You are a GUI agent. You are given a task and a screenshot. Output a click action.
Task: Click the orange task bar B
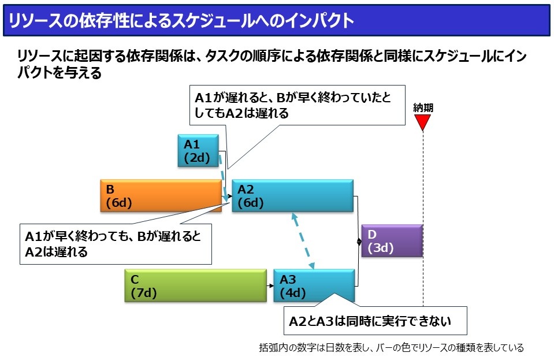[161, 196]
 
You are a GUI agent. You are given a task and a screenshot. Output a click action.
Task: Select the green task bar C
[196, 285]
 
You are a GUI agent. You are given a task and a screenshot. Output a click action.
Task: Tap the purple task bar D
[392, 240]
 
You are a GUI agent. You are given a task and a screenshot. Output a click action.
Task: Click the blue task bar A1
[198, 150]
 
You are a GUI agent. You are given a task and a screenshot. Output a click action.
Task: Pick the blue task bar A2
[292, 196]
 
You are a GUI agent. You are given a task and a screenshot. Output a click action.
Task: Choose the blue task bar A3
[314, 285]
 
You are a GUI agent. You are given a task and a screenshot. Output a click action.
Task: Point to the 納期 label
[423, 107]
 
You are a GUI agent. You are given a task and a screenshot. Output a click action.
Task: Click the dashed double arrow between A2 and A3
[303, 240]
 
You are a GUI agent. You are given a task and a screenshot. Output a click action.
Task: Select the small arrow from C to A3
[270, 285]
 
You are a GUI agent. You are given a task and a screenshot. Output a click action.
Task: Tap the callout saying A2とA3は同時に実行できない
[375, 321]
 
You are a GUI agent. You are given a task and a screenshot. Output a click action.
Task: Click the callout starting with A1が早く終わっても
[116, 244]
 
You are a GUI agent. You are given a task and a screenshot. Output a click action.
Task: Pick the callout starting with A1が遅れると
[297, 105]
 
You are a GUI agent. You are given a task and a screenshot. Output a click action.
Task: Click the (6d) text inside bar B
[119, 203]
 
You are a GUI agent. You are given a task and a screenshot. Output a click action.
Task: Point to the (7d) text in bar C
[144, 293]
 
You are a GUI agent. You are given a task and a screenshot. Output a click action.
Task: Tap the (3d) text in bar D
[381, 248]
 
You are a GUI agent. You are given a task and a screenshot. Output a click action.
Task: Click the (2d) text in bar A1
[197, 158]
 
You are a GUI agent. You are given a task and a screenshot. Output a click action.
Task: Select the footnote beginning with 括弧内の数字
[391, 348]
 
